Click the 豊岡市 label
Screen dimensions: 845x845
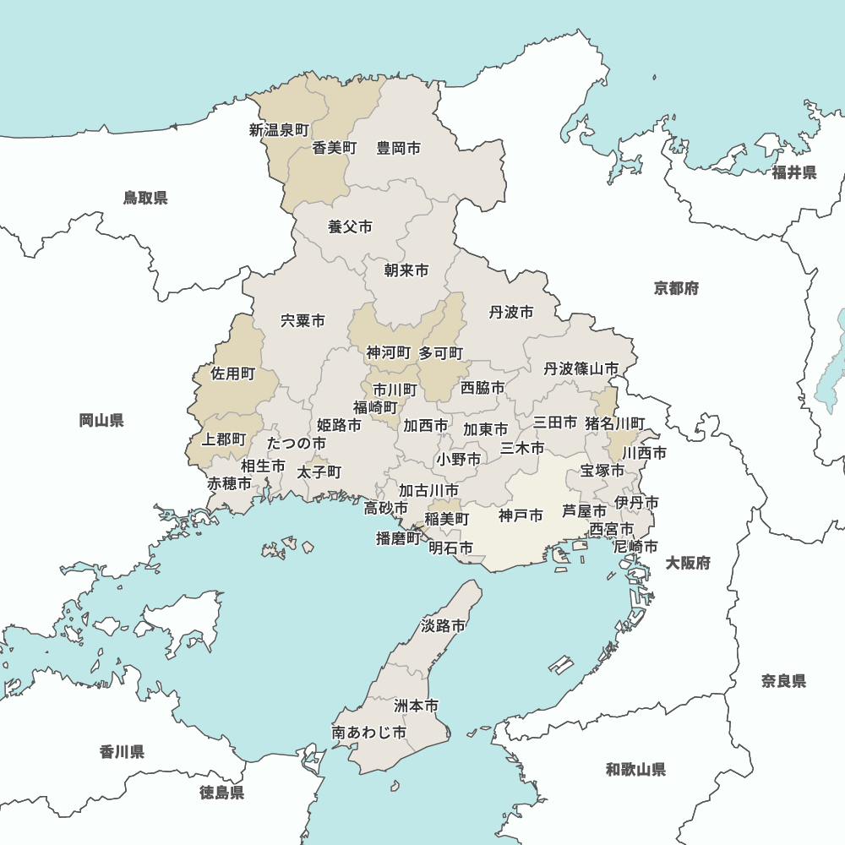click(x=398, y=149)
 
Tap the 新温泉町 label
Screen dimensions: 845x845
click(x=278, y=130)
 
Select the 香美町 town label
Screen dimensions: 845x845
click(x=335, y=149)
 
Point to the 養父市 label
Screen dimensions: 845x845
click(x=350, y=227)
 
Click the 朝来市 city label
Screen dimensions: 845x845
click(x=406, y=270)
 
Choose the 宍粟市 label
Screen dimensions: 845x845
click(x=303, y=321)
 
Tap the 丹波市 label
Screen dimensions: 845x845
click(x=511, y=313)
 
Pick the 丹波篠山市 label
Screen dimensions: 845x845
click(x=581, y=369)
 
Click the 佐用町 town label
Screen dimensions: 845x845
click(x=232, y=373)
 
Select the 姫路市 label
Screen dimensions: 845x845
click(x=339, y=424)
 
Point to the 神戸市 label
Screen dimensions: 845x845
click(x=521, y=515)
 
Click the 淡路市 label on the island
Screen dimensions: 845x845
click(x=443, y=626)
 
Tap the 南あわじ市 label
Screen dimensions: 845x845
click(x=368, y=732)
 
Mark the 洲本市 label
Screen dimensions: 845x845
click(x=417, y=705)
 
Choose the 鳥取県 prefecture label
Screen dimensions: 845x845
click(x=145, y=198)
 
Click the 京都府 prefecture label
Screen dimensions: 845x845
click(x=676, y=289)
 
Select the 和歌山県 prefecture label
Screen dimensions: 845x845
click(x=635, y=770)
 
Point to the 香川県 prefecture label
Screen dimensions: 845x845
click(x=122, y=752)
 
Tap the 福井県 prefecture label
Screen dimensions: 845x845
click(x=794, y=173)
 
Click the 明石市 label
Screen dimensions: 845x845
click(x=450, y=548)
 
